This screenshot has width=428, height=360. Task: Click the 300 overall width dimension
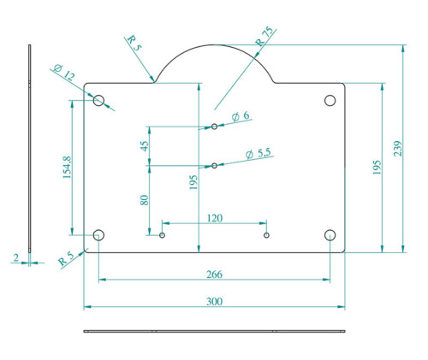click(x=214, y=301)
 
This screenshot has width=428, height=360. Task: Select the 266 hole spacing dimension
click(x=214, y=274)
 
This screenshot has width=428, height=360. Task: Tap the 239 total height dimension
click(x=398, y=148)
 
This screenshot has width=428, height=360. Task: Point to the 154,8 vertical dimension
click(x=68, y=168)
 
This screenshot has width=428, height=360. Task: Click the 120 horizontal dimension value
click(x=215, y=218)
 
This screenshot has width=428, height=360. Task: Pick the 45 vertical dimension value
click(x=145, y=146)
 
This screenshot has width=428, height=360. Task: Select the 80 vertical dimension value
click(x=145, y=200)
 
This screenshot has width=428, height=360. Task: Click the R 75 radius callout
click(x=265, y=37)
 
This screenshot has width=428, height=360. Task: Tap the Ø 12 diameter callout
click(x=64, y=73)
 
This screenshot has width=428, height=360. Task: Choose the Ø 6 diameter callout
click(x=241, y=115)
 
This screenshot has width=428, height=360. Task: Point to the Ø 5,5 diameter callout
click(x=258, y=154)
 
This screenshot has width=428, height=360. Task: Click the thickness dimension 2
click(x=16, y=258)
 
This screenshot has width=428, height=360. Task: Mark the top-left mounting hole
click(x=98, y=100)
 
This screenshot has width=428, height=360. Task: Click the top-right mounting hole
click(x=330, y=100)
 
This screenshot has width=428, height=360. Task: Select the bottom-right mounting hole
click(x=330, y=235)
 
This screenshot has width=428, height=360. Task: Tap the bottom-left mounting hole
click(x=98, y=235)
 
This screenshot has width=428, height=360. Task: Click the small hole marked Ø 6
click(x=214, y=127)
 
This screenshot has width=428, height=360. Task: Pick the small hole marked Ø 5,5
click(x=214, y=166)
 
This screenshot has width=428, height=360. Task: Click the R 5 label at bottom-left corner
click(x=66, y=259)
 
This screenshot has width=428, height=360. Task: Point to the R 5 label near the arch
click(x=134, y=43)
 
